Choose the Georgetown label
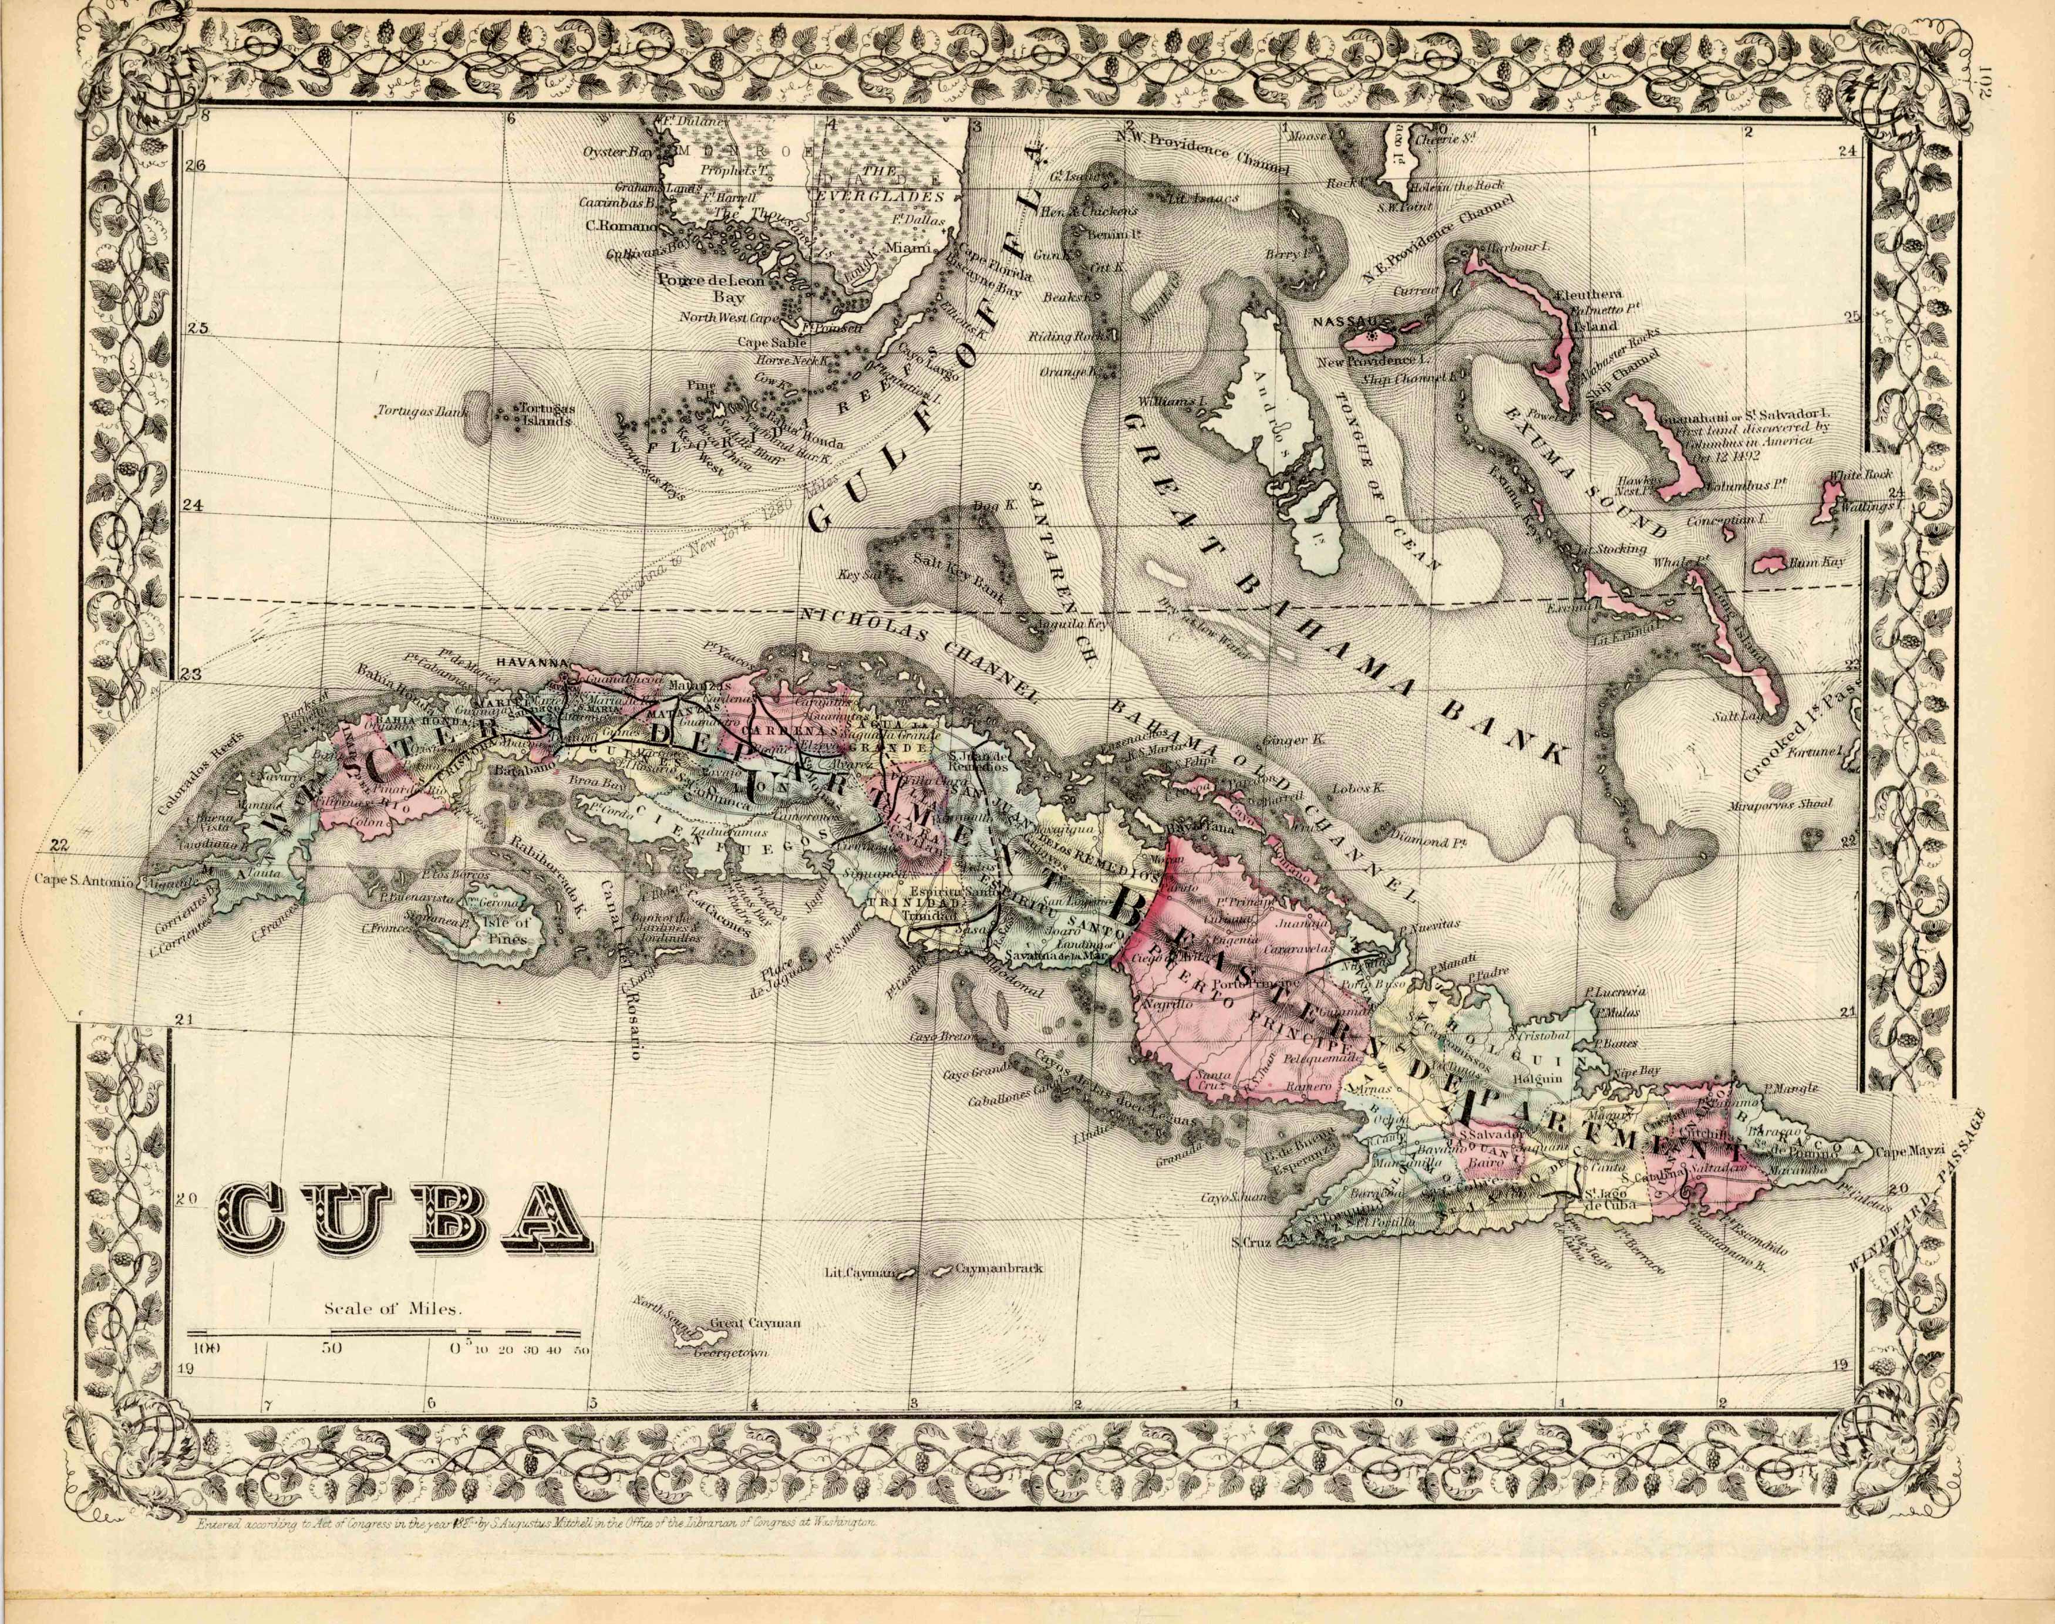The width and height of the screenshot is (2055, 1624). pyautogui.click(x=730, y=1352)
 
